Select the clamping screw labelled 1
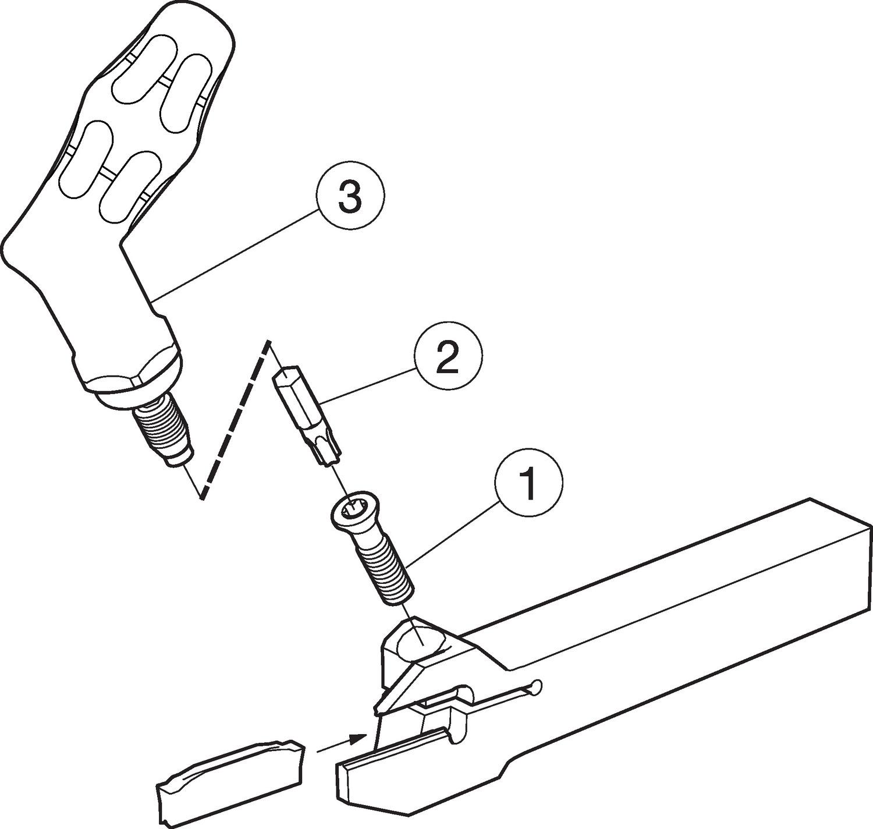click(x=374, y=548)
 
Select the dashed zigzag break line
click(x=234, y=420)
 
